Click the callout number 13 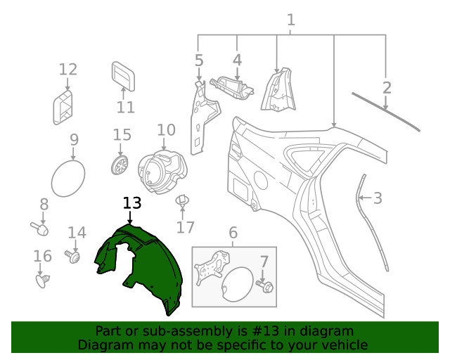coord(132,203)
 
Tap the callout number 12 coord(67,69)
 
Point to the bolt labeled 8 coord(41,228)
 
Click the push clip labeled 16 coord(42,281)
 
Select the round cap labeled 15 coord(121,166)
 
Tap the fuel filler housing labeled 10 coord(162,170)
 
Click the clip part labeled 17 coord(184,202)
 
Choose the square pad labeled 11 coord(124,76)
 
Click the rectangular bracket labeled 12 coord(64,106)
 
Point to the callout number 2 coord(387,87)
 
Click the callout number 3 coord(378,198)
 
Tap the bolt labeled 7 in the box coord(266,288)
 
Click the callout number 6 coord(233,233)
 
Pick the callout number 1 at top coord(290,21)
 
